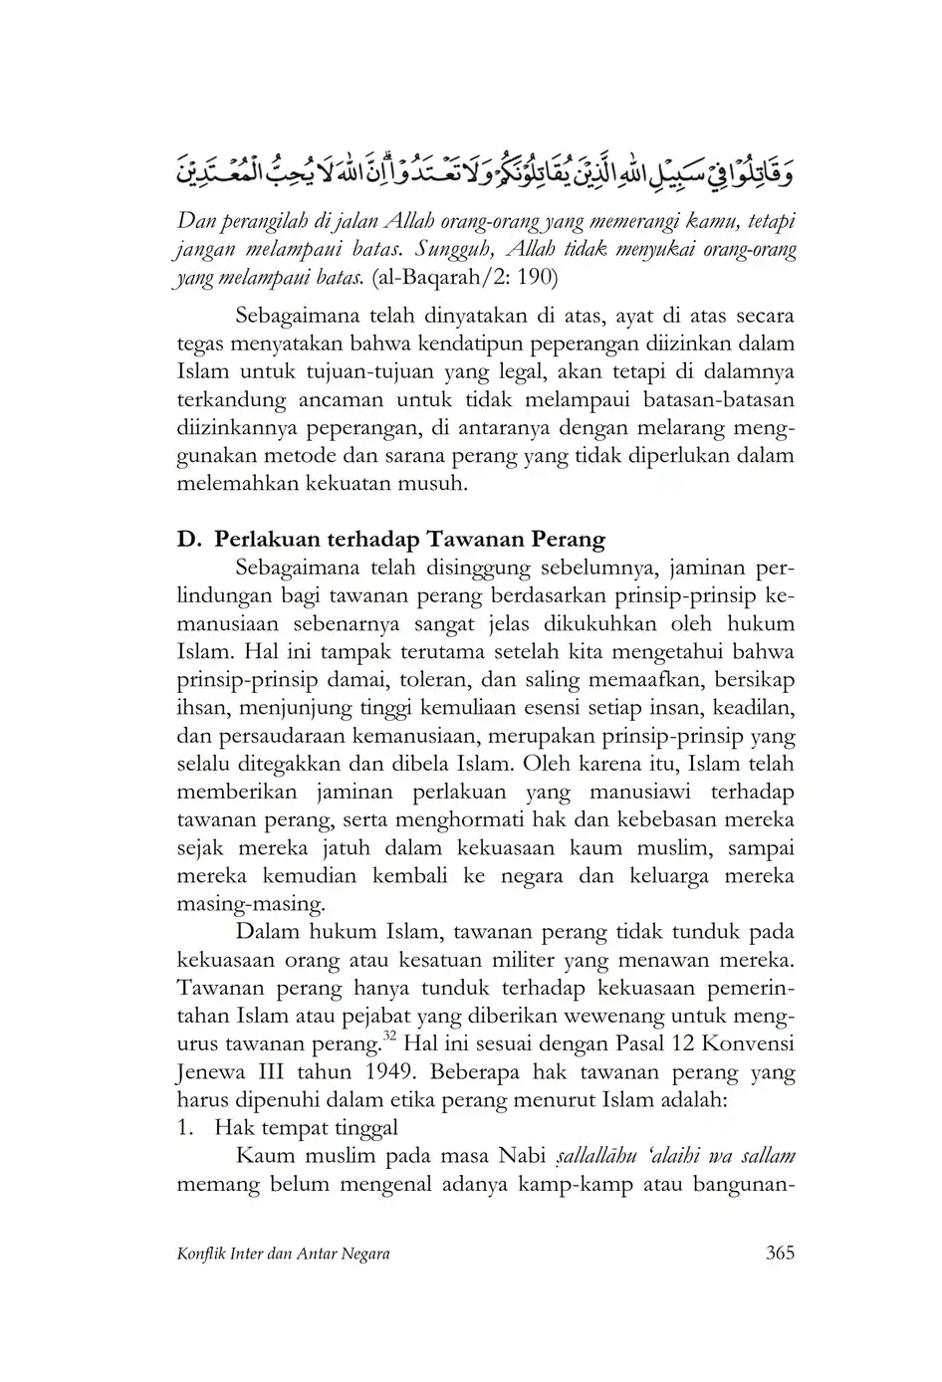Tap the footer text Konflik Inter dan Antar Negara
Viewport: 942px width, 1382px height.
click(283, 1254)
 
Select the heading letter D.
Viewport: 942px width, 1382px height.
click(187, 540)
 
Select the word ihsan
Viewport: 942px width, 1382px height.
click(200, 708)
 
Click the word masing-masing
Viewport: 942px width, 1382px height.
click(250, 905)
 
